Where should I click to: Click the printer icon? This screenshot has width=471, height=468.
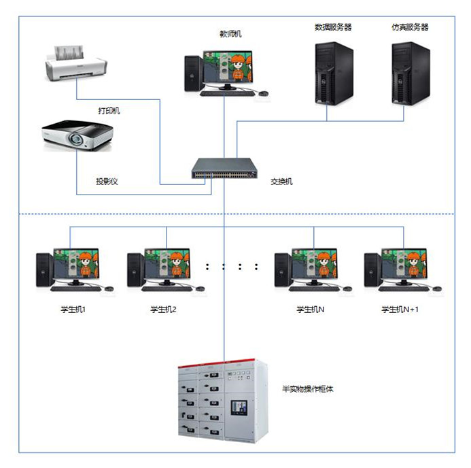click(74, 62)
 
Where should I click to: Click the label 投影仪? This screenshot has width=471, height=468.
click(107, 182)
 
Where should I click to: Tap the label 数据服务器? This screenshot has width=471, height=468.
click(333, 27)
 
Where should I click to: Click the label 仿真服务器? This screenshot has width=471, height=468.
click(410, 27)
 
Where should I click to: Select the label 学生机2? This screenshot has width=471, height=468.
click(164, 310)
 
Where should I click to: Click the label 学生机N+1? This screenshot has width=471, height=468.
click(402, 310)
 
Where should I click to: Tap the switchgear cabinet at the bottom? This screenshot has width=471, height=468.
click(217, 402)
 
